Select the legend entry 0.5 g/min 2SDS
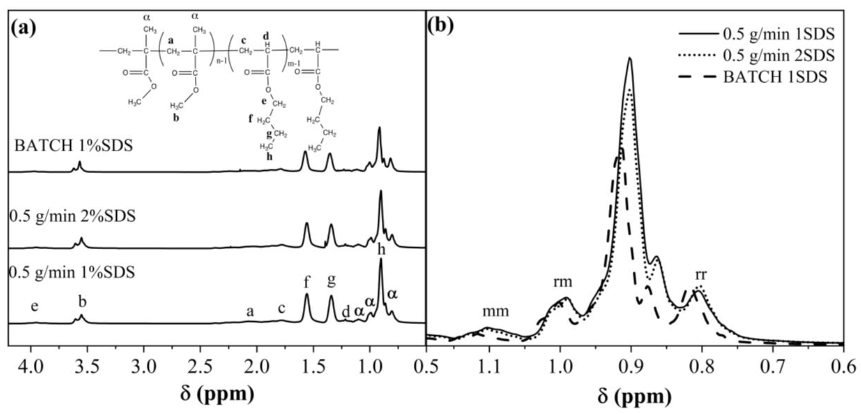[779, 56]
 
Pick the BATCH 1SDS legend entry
[775, 77]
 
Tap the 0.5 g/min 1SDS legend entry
[779, 34]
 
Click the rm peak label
[563, 282]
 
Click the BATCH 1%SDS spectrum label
[74, 146]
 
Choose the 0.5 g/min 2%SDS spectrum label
[72, 216]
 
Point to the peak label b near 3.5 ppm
[82, 302]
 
